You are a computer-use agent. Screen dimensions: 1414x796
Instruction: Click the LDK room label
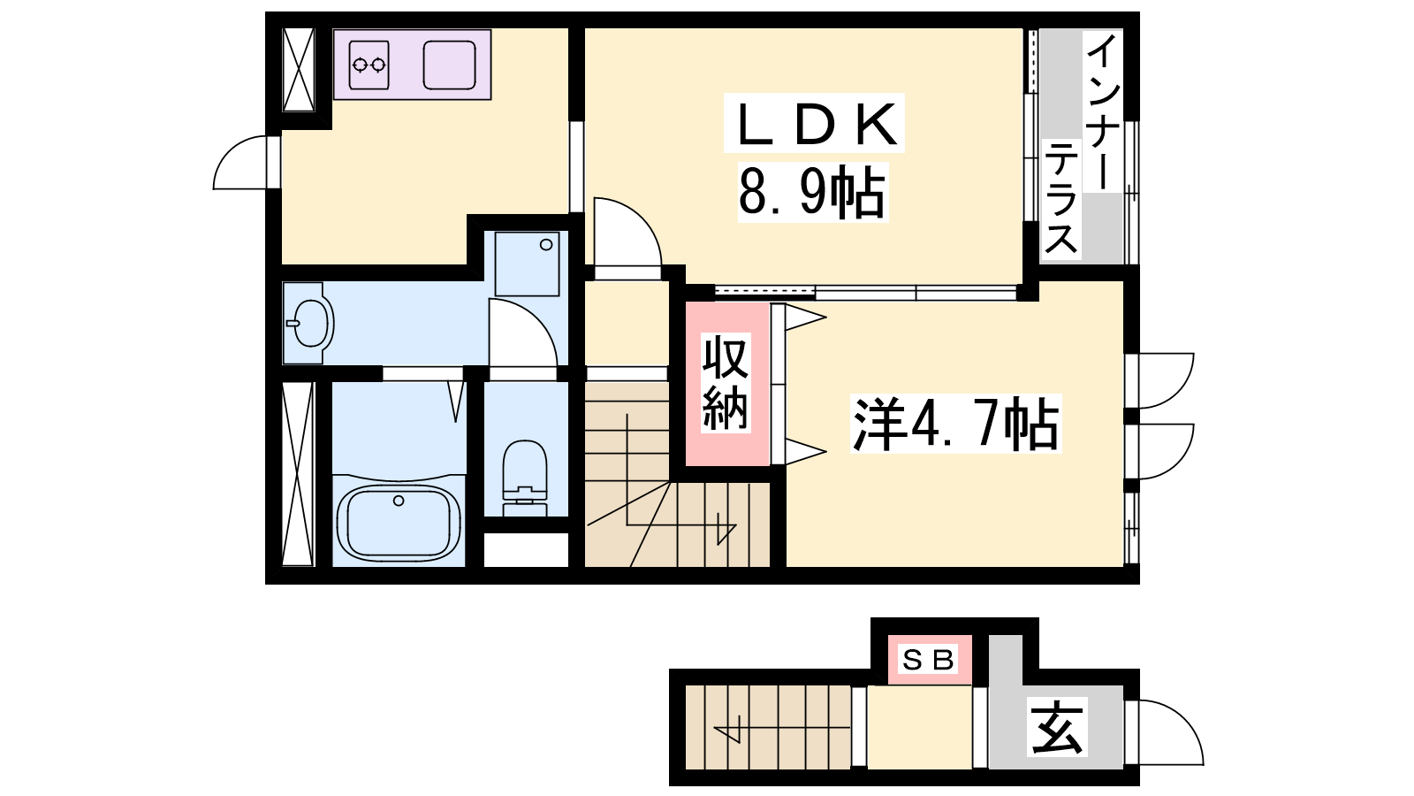(815, 124)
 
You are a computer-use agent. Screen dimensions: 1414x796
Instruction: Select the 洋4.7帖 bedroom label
(955, 424)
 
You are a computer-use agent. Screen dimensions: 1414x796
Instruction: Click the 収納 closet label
(726, 383)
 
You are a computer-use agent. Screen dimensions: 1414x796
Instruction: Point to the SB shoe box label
(929, 660)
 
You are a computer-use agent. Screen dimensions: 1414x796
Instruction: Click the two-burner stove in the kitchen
(369, 65)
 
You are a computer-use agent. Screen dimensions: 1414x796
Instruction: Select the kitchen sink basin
(449, 65)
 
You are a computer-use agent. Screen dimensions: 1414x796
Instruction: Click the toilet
(525, 478)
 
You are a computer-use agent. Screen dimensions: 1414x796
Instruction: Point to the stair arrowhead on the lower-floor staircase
(726, 734)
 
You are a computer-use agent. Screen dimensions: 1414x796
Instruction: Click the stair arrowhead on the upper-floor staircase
(726, 530)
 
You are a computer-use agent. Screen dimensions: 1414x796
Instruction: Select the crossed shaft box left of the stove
(299, 70)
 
